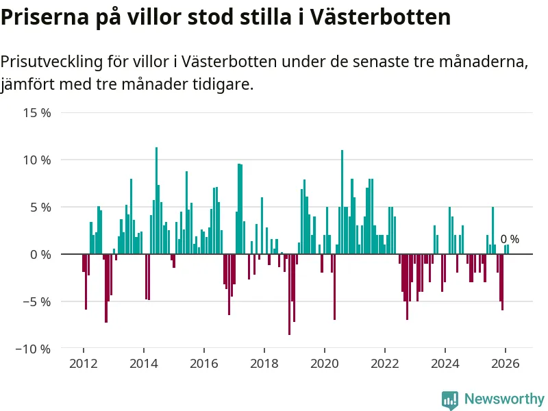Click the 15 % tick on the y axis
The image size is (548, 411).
click(x=36, y=112)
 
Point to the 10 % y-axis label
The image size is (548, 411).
click(x=36, y=160)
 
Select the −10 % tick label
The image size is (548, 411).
click(x=32, y=349)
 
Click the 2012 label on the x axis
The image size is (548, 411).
click(x=83, y=363)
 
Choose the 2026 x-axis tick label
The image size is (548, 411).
click(x=506, y=363)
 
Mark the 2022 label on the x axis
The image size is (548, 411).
click(x=385, y=363)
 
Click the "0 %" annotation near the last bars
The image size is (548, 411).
click(x=510, y=239)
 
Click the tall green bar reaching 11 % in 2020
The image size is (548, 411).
click(x=342, y=202)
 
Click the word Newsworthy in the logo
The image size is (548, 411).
click(x=504, y=399)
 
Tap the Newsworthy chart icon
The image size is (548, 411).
click(x=450, y=399)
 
